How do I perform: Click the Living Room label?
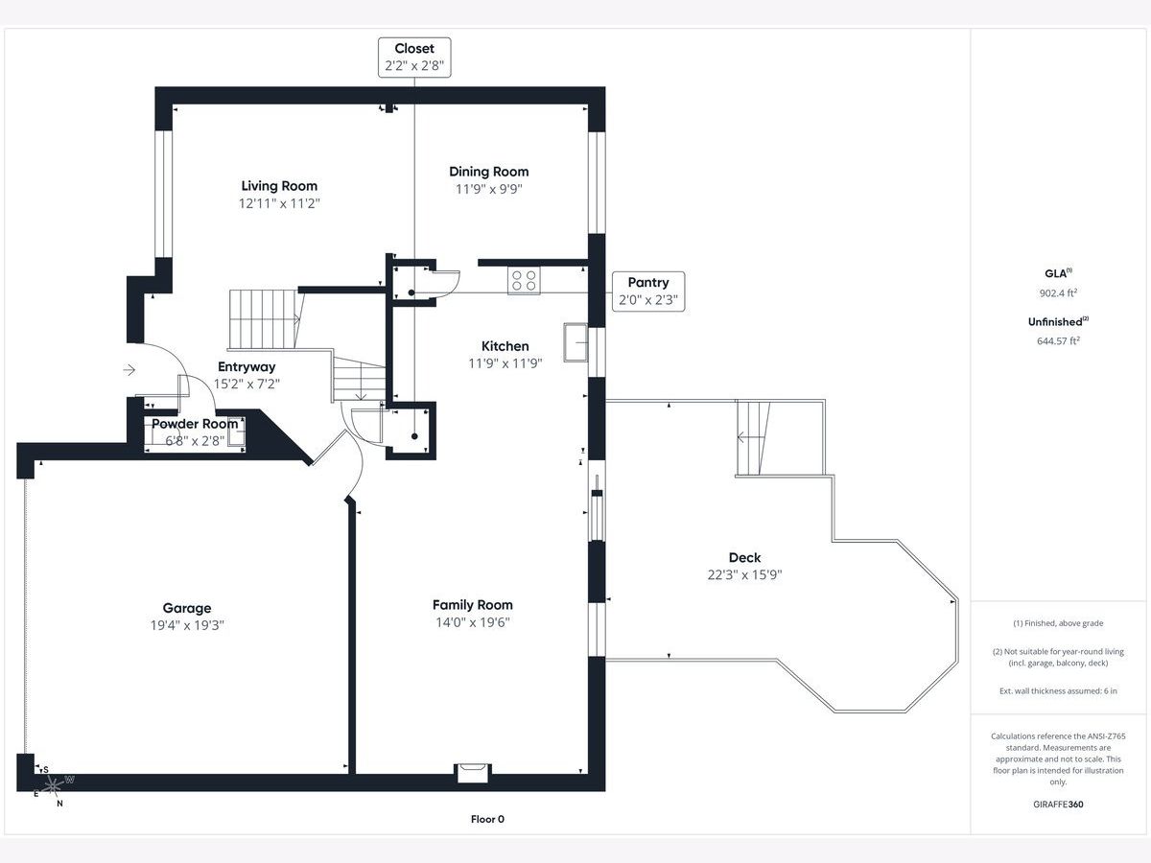coord(279,186)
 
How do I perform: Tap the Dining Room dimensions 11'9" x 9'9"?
coord(488,189)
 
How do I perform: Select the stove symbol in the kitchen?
coord(524,280)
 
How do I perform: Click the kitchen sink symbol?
coord(575,343)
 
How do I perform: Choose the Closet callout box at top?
coord(413,57)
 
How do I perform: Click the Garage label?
coord(187,608)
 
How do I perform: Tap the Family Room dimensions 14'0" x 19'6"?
coord(472,622)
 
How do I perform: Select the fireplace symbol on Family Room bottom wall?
coord(472,772)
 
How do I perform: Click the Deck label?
coord(744,557)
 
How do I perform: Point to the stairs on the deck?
coord(753,438)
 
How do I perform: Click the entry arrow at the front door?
coord(129,369)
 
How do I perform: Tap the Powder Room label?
coord(195,424)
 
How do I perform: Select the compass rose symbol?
coord(53,786)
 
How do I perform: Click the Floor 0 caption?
coord(487,819)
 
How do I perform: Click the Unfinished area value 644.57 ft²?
coord(1054,339)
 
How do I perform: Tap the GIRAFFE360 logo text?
coord(1054,805)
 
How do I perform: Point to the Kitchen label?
coord(505,346)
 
